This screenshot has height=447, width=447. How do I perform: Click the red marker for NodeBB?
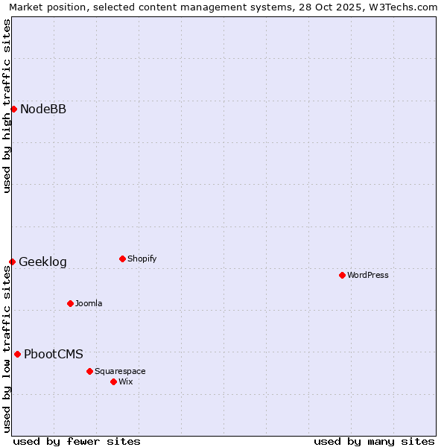point(13,109)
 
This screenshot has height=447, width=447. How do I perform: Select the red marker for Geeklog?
point(12,261)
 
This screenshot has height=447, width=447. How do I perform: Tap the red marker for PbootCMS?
point(17,354)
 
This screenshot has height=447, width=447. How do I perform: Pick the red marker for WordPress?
point(342,275)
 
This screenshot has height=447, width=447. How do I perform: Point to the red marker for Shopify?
point(122,259)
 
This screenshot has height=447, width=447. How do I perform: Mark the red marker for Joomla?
point(70,303)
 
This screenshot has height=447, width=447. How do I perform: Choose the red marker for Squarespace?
point(89,371)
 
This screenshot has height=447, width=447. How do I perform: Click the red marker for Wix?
point(113,381)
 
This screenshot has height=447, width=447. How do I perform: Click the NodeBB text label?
point(43,110)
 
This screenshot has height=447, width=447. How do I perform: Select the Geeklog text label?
point(42,262)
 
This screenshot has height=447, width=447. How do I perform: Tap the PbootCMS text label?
point(54,355)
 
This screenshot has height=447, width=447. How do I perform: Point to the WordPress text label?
point(368,276)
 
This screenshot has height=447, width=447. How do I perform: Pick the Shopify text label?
point(142,259)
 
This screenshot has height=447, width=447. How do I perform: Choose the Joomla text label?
point(89,304)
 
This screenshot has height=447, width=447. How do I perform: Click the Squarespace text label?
point(120,372)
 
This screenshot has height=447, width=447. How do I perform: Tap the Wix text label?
point(126,382)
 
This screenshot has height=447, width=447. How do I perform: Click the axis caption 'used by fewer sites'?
point(77,441)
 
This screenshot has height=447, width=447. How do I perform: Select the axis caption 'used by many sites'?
point(374,441)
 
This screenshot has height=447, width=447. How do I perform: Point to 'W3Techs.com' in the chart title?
point(405,7)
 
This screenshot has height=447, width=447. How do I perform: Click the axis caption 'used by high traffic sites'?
point(7,107)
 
